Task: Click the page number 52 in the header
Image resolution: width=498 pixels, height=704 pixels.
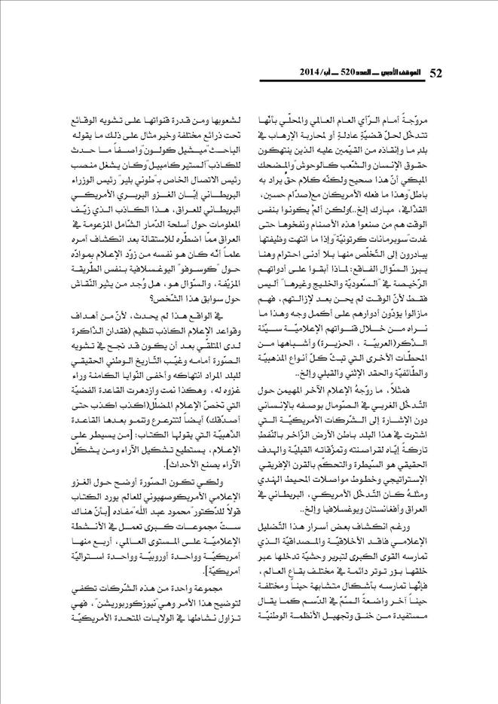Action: click(x=436, y=72)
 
